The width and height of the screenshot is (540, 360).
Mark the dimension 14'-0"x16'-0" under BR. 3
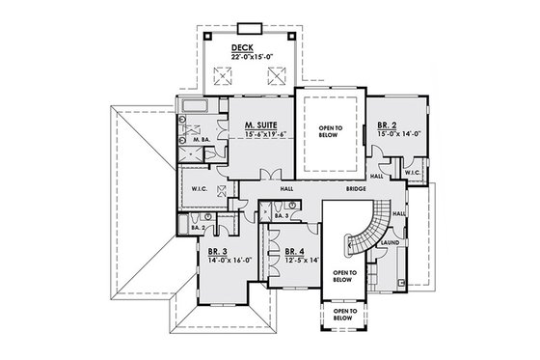[222, 259]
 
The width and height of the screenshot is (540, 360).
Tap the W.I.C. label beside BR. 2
[412, 174]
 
